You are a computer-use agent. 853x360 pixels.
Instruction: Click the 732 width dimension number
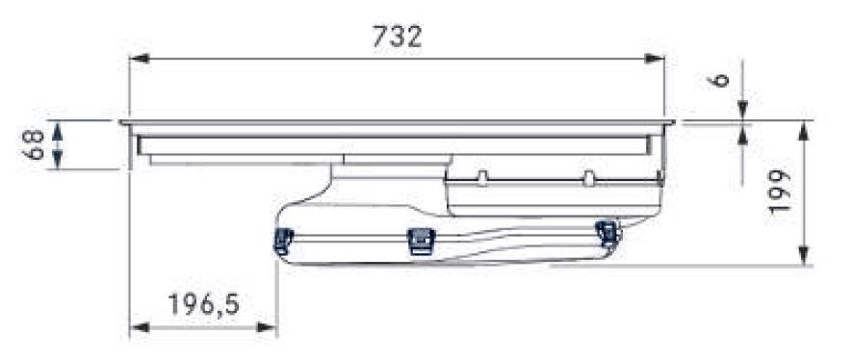(397, 37)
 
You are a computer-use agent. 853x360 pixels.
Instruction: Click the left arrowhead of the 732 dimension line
(137, 59)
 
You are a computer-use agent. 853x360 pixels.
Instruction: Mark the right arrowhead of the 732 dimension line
(657, 59)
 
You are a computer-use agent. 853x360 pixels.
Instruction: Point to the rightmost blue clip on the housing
(606, 232)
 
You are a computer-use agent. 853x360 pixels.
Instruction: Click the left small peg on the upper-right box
(483, 177)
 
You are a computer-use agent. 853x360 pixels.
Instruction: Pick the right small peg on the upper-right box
(587, 177)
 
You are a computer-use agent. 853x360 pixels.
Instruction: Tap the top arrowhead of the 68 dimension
(58, 128)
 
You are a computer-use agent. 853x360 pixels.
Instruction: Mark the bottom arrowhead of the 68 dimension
(58, 162)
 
